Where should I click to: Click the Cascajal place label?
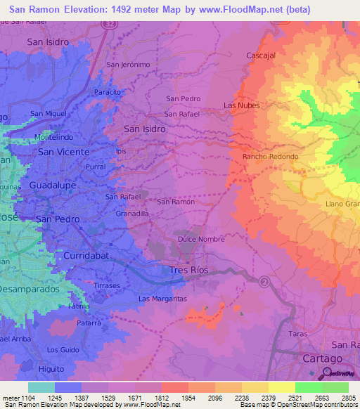click(259, 55)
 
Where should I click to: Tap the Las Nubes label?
click(241, 105)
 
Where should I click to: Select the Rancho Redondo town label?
click(270, 157)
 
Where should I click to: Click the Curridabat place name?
click(86, 256)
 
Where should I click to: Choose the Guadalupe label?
click(53, 186)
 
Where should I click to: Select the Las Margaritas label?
click(162, 299)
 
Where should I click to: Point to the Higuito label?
click(51, 369)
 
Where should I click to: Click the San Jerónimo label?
click(128, 65)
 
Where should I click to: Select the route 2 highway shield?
click(264, 282)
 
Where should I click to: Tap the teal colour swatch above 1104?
click(41, 387)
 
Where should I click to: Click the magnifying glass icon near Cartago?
click(328, 374)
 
